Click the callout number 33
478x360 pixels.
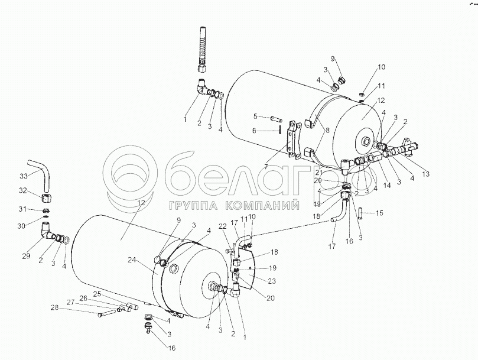pyautogui.click(x=23, y=176)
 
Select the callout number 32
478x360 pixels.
pyautogui.click(x=23, y=190)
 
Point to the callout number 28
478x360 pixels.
pyautogui.click(x=54, y=307)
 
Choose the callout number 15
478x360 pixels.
pyautogui.click(x=380, y=213)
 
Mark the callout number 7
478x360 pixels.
pyautogui.click(x=267, y=167)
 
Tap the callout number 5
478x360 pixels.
pyautogui.click(x=255, y=116)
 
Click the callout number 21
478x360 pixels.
pyautogui.click(x=318, y=172)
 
